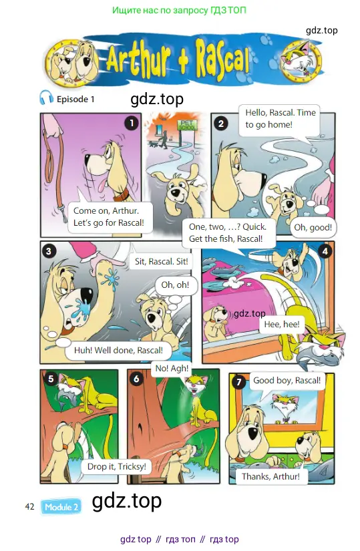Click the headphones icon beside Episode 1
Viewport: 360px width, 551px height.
[46, 98]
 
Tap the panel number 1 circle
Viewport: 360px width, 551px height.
[132, 123]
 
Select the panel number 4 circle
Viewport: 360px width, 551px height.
[325, 251]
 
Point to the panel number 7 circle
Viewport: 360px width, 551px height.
[239, 382]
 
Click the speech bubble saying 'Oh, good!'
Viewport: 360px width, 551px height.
[313, 227]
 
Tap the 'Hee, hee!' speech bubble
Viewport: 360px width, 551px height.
[282, 324]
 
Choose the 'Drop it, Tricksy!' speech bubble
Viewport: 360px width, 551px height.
[117, 466]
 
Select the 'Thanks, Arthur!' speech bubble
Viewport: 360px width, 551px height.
[271, 476]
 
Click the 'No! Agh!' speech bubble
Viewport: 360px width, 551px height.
[172, 368]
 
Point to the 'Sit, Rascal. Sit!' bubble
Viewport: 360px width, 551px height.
[162, 261]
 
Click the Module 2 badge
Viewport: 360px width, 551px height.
[61, 507]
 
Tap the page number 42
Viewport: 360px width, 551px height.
[29, 506]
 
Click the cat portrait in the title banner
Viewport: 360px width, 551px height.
[302, 62]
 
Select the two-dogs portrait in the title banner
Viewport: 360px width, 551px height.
[73, 62]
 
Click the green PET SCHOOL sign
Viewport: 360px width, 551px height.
[187, 126]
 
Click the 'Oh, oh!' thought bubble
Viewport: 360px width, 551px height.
[175, 285]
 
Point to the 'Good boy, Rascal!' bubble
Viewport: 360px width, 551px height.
[287, 380]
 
